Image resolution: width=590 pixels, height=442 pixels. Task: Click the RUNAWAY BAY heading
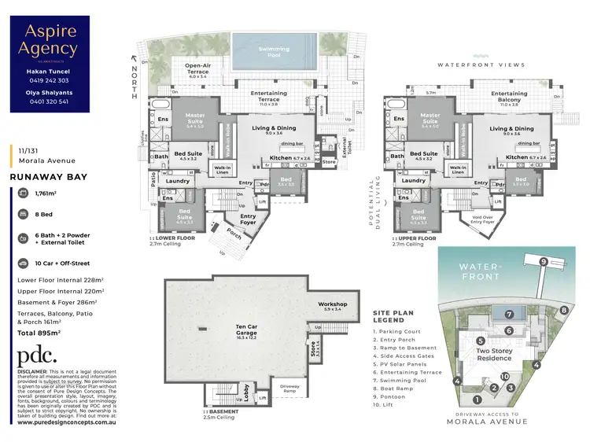coord(48,178)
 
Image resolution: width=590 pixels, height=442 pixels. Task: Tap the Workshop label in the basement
coord(333,304)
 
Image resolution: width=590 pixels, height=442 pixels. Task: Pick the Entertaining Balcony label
coord(509,96)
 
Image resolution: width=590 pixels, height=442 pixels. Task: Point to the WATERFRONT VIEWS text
coord(480,65)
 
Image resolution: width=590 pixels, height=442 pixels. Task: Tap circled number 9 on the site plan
coord(543,261)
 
